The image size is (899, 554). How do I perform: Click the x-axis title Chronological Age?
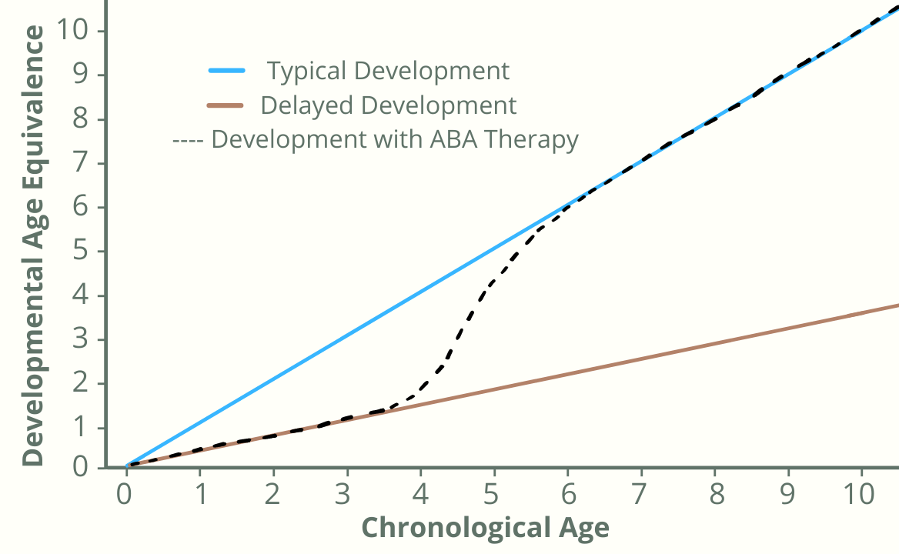coord(485,528)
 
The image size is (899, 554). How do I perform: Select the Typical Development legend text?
coord(388,71)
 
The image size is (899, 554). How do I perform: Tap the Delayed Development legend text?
coord(389,105)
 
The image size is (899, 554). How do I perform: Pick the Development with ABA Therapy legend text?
coord(395,140)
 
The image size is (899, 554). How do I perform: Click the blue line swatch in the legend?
coord(226,71)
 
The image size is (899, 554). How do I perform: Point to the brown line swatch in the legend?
coord(226,105)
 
